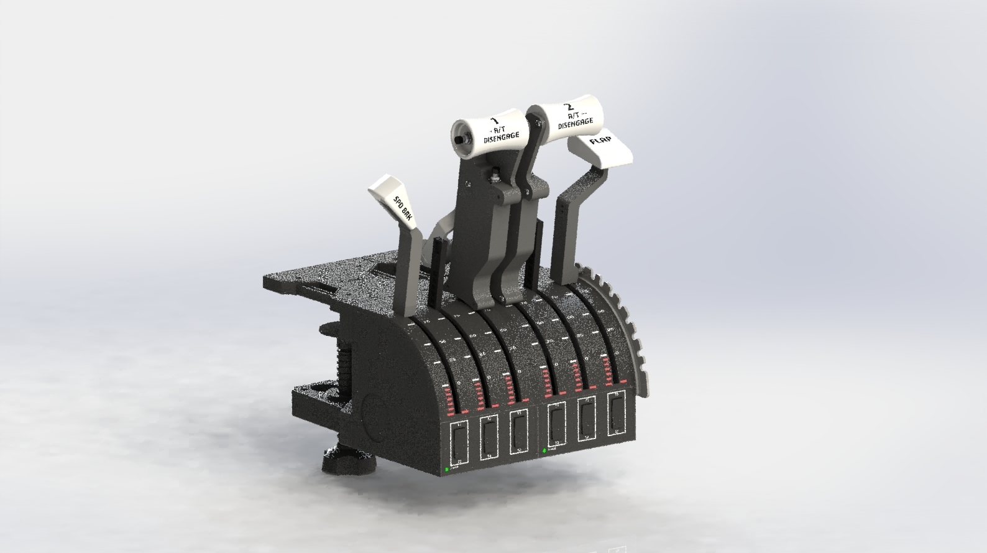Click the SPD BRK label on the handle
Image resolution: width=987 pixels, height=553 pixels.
(403, 208)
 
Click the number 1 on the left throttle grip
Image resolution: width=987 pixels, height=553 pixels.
(495, 120)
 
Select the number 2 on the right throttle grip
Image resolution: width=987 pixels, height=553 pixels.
(569, 106)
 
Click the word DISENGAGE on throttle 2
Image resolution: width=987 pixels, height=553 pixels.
(576, 123)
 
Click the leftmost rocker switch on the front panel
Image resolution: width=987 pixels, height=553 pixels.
(459, 443)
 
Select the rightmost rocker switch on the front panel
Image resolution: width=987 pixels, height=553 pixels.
(616, 414)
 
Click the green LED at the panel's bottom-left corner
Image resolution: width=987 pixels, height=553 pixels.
(447, 470)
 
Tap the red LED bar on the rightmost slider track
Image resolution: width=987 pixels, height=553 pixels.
(607, 373)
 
